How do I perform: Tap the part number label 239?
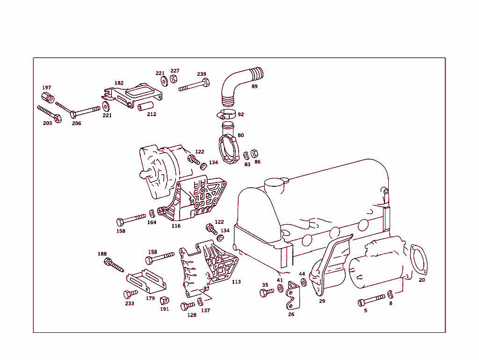tap(202, 74)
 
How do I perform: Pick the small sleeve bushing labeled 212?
tap(146, 106)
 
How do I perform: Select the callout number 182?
tap(119, 83)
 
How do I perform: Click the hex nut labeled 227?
tap(172, 79)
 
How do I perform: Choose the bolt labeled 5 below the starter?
tap(371, 299)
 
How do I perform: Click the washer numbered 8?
tap(390, 294)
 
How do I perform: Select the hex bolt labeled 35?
tap(266, 293)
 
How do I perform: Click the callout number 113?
tap(236, 282)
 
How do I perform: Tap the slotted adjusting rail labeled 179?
tap(146, 280)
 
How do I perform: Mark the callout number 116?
tap(176, 226)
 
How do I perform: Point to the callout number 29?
tap(322, 301)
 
